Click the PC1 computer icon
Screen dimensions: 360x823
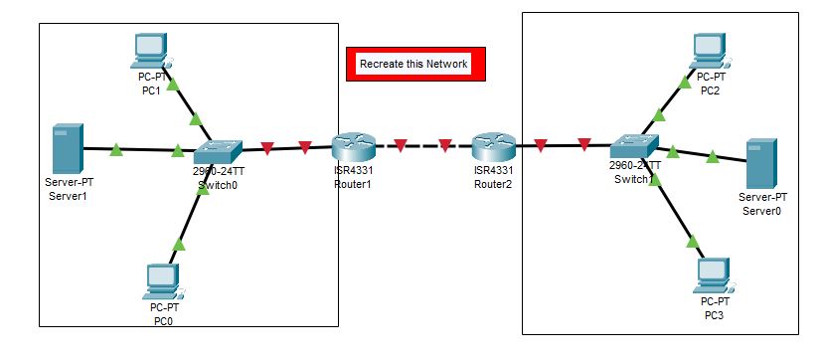pyautogui.click(x=152, y=51)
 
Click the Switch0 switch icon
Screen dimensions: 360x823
pyautogui.click(x=218, y=151)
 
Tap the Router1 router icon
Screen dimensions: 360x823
pyautogui.click(x=353, y=148)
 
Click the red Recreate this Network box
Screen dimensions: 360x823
pyautogui.click(x=414, y=64)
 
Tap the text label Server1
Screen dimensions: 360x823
pyautogui.click(x=68, y=196)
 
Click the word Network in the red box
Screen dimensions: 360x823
pyautogui.click(x=447, y=64)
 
